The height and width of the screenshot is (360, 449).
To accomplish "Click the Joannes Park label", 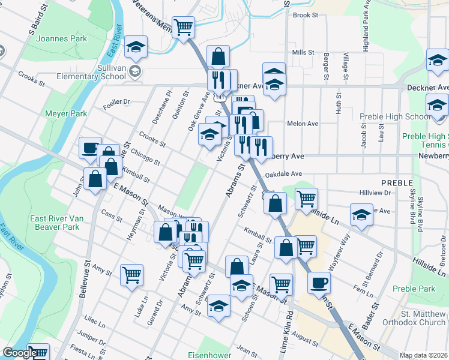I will click(x=61, y=39).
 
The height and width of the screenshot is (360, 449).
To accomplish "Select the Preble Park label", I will click(x=414, y=289).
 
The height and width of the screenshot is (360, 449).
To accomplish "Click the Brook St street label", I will click(x=305, y=15).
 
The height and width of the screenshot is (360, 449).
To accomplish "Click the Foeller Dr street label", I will click(x=116, y=102).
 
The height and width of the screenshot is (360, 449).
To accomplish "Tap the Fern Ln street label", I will click(x=364, y=289).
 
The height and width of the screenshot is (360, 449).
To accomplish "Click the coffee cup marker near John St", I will click(x=90, y=147).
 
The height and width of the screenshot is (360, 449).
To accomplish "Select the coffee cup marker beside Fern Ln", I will click(x=319, y=281).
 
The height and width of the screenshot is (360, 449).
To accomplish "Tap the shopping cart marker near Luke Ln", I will click(x=131, y=275).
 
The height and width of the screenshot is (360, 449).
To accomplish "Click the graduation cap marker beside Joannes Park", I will click(x=136, y=47).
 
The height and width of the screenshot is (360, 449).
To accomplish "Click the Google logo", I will click(x=19, y=353).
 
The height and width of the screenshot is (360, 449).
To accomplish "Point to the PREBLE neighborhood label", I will click(x=396, y=182).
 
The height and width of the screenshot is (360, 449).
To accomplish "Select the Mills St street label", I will click(x=303, y=53).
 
